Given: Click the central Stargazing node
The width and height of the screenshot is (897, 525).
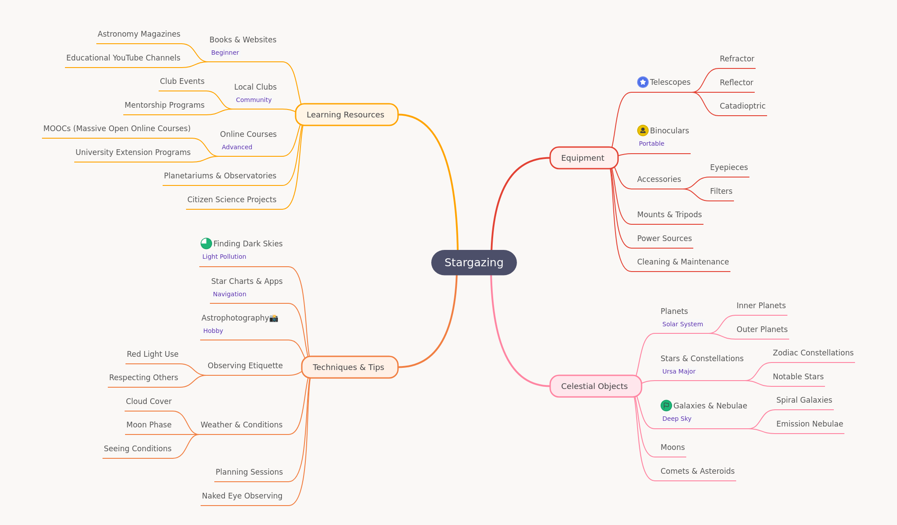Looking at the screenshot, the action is tap(474, 263).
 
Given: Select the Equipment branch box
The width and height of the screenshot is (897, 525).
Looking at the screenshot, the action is tap(584, 158).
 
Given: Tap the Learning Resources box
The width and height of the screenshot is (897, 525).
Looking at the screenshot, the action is tap(346, 115).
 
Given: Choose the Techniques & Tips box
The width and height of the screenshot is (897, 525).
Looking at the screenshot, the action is tap(350, 367).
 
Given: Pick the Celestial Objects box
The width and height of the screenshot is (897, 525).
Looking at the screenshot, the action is tap(595, 386).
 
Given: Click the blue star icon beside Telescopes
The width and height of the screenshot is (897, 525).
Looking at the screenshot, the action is tap(643, 82).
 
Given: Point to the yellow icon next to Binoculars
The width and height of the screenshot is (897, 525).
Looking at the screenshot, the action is tap(643, 130).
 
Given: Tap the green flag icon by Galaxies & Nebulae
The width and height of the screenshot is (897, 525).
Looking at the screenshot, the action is tap(666, 405).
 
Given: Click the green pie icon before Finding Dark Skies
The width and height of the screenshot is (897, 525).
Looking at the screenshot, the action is tap(206, 243).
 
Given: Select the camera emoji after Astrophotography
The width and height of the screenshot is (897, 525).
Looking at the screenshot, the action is tap(274, 318).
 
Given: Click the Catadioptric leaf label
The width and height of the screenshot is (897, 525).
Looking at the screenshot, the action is tap(742, 106).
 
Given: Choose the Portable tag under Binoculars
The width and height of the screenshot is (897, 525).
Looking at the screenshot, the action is tap(651, 144).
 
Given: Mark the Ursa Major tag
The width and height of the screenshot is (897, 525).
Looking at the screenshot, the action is tap(679, 371).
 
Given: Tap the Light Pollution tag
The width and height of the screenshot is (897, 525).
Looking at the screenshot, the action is tap(224, 257).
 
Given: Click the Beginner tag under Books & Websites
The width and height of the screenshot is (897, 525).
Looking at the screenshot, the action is tap(225, 53).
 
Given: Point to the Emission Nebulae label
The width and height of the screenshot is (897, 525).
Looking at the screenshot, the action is tap(810, 424).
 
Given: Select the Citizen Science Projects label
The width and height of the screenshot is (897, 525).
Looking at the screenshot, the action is tap(232, 200).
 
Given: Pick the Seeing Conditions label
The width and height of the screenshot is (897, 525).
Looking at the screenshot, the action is tap(137, 449).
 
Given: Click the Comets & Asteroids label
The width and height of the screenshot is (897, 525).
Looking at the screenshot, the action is tap(697, 471).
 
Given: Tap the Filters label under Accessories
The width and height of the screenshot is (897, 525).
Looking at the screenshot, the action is tap(721, 191).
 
